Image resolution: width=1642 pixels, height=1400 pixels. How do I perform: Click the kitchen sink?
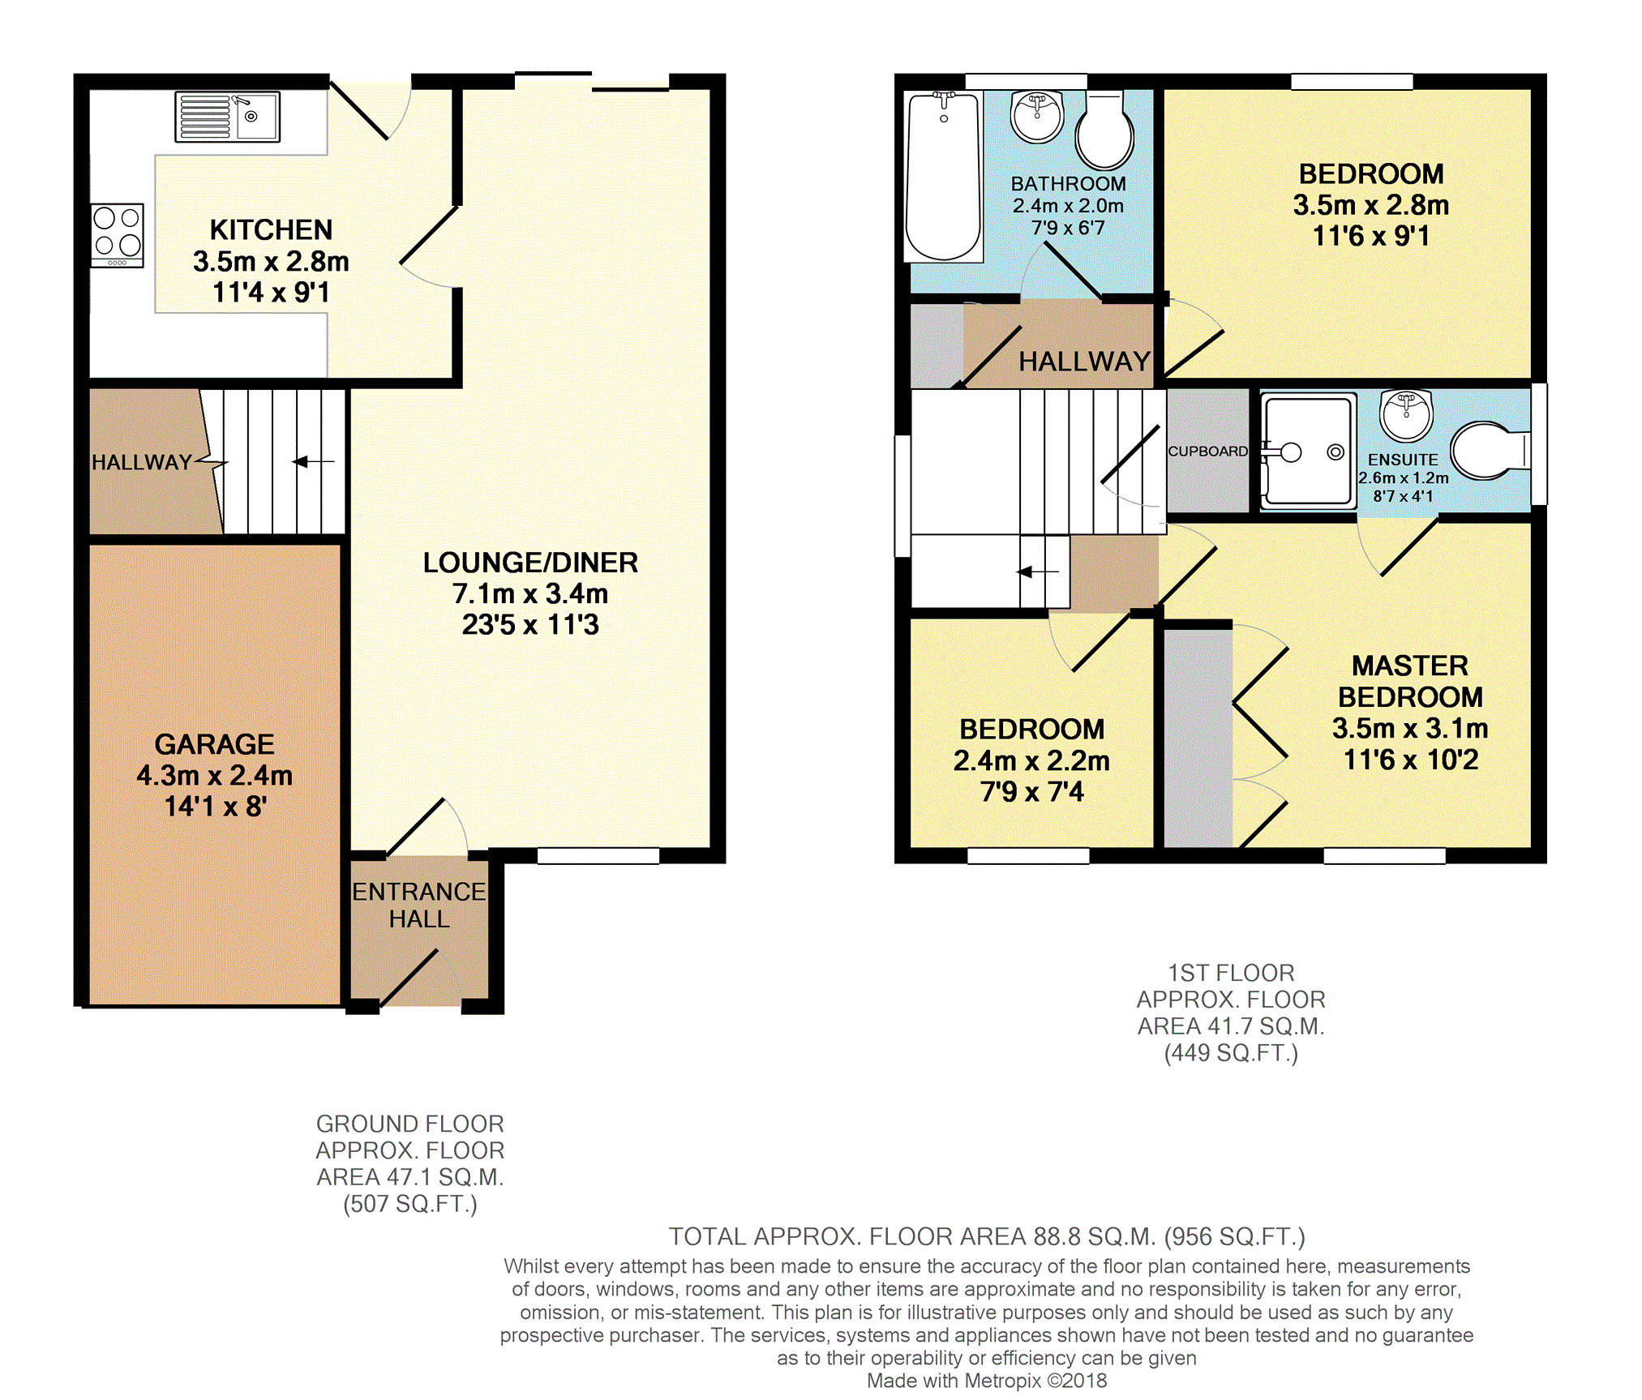(228, 117)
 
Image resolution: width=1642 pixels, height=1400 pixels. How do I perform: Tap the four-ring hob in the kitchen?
(118, 235)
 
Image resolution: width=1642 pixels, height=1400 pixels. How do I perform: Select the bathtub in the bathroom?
(944, 177)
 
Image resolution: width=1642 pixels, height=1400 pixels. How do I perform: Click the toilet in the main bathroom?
(1104, 131)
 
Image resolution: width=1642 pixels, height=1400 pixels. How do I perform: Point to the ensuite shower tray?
(1309, 451)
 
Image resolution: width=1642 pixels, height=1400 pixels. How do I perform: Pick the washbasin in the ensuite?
(1407, 415)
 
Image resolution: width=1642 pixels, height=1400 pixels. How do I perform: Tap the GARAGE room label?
(214, 744)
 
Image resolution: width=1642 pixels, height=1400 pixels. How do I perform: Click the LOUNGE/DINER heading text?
(530, 563)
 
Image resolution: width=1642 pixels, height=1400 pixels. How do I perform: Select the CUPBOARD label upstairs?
(1207, 452)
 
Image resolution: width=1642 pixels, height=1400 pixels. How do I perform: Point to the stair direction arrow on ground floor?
(313, 462)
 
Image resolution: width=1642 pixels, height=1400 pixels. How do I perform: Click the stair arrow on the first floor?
(1038, 572)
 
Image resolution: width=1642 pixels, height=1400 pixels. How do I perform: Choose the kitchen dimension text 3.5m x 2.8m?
(271, 262)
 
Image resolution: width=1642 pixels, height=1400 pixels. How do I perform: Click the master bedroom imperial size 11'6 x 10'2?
(1411, 760)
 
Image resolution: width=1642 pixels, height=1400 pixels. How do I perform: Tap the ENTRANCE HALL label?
(418, 906)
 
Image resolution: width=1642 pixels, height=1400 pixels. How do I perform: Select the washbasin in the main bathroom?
(1037, 117)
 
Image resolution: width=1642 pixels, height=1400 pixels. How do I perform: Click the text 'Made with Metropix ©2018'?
(987, 1381)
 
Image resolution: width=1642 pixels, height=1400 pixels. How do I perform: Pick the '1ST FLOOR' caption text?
(1231, 973)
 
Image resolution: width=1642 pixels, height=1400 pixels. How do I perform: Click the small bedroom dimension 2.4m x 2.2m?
(1031, 761)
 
